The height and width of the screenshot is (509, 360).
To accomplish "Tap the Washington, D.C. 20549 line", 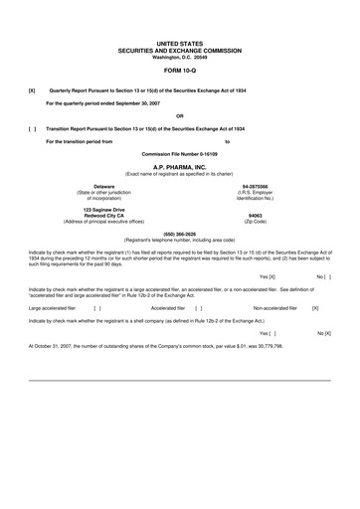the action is (x=179, y=57).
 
